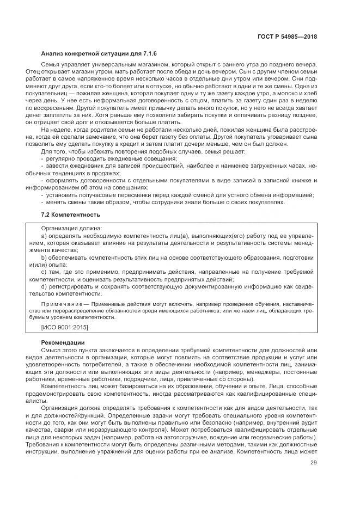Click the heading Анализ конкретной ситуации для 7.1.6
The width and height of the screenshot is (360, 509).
coord(91,54)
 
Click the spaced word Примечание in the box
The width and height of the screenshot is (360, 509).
coord(61,304)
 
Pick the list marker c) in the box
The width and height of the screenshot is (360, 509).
coord(44,271)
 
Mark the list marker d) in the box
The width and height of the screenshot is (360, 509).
coord(44,285)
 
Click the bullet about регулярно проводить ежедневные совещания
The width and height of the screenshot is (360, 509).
coord(108,157)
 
